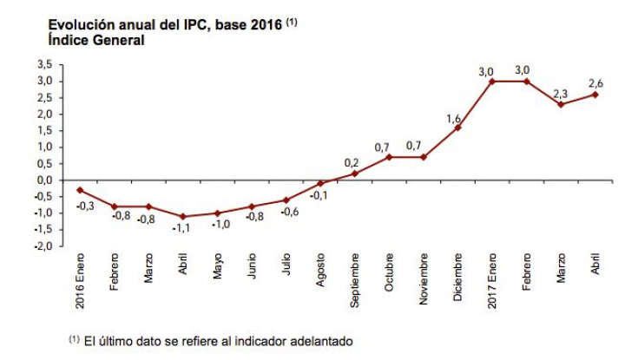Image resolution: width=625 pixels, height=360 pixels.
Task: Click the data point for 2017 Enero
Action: tap(491, 81)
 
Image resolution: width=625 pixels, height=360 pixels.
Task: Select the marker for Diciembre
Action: tap(457, 128)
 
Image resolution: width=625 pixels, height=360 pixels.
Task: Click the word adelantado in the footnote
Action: tap(315, 341)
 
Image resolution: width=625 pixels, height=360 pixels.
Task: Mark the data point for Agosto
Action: tap(321, 183)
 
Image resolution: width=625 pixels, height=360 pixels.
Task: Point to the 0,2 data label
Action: tap(352, 161)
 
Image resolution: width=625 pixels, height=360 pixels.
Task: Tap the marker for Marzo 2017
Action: tap(560, 104)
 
